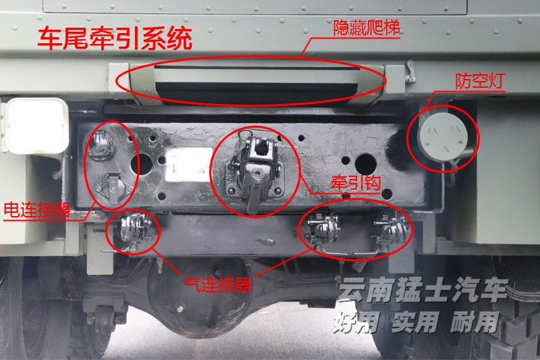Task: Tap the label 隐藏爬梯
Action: [367, 29]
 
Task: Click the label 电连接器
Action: [37, 209]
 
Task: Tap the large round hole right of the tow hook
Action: [362, 163]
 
